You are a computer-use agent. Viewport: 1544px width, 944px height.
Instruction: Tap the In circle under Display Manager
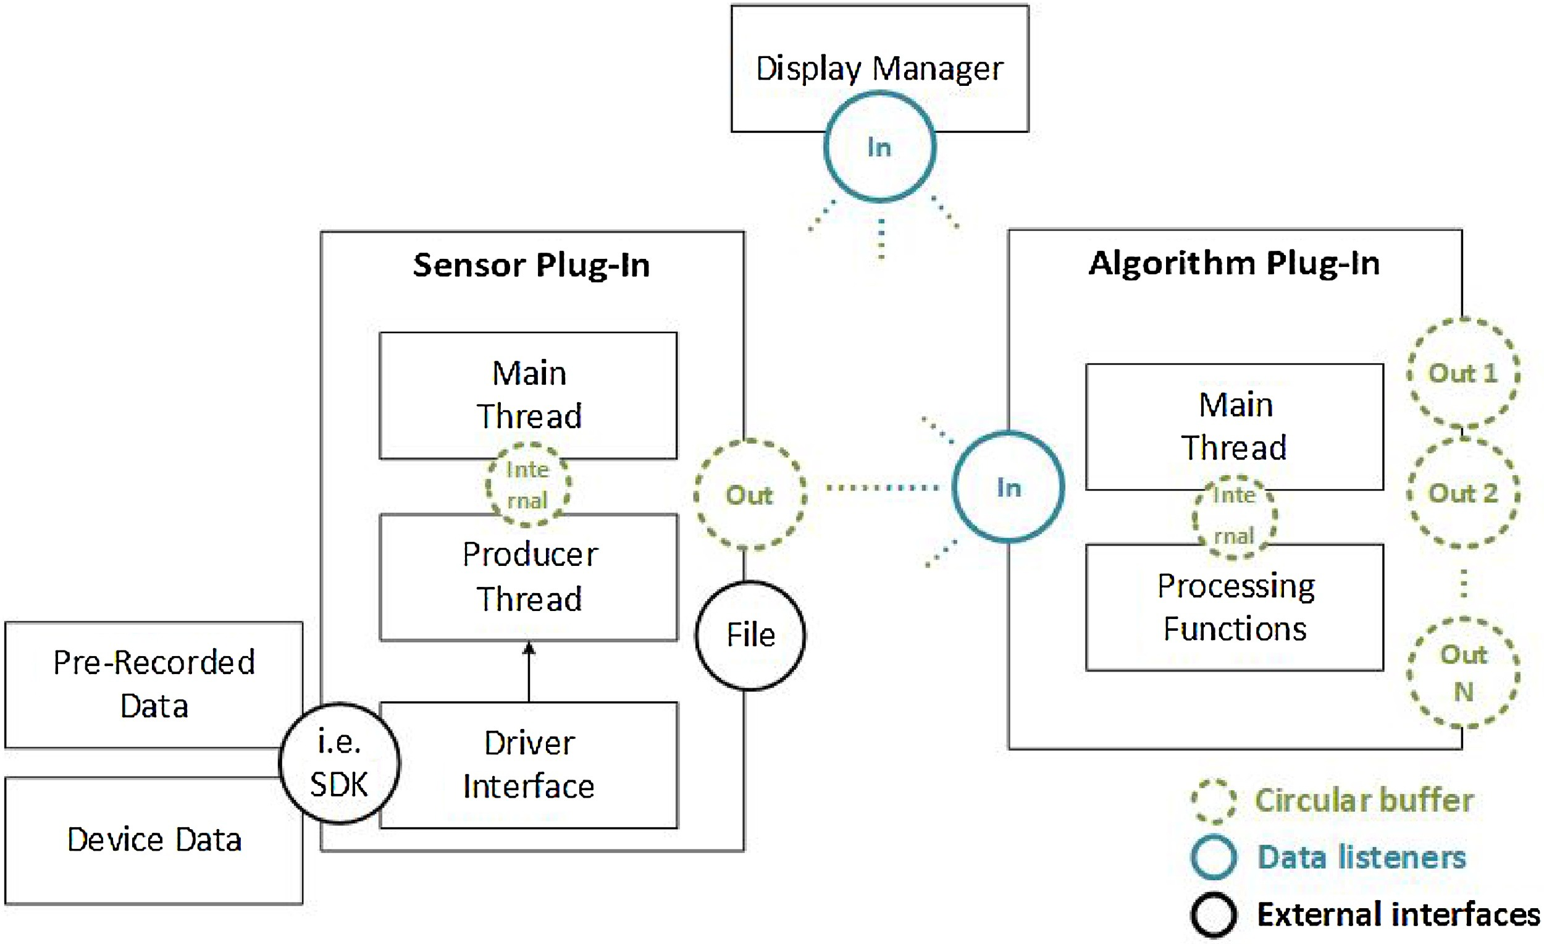pyautogui.click(x=880, y=147)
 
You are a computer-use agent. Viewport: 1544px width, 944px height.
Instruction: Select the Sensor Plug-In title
pyautogui.click(x=531, y=265)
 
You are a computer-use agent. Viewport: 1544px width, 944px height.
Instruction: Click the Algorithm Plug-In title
pyautogui.click(x=1234, y=263)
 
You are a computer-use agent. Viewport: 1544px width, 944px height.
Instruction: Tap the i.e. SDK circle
pyautogui.click(x=339, y=764)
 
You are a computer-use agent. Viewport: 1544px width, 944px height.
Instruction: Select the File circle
pyautogui.click(x=750, y=636)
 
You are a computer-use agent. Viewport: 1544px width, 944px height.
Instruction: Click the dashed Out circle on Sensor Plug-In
pyautogui.click(x=749, y=495)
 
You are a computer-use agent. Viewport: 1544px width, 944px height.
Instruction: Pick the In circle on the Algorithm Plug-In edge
pyautogui.click(x=1009, y=487)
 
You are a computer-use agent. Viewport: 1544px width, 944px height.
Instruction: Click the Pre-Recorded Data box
pyautogui.click(x=154, y=685)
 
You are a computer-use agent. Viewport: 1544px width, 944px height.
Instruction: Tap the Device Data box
pyautogui.click(x=154, y=840)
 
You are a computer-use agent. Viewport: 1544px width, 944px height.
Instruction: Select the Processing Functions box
pyautogui.click(x=1235, y=607)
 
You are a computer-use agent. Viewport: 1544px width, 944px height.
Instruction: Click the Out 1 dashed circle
pyautogui.click(x=1463, y=374)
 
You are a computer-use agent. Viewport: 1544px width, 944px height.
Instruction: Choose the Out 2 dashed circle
pyautogui.click(x=1463, y=493)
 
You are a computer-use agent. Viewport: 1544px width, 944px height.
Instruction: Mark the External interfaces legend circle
pyautogui.click(x=1214, y=915)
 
